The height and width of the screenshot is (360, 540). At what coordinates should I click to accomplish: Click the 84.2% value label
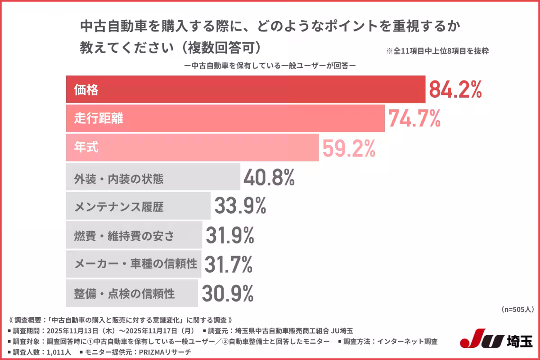pyautogui.click(x=455, y=90)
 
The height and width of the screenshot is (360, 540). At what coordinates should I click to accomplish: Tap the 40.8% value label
pyautogui.click(x=269, y=178)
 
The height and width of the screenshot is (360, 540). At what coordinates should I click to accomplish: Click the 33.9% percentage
pyautogui.click(x=240, y=206)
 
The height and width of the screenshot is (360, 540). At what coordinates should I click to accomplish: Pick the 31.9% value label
pyautogui.click(x=230, y=235)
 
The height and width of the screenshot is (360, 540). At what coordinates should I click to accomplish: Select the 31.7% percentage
pyautogui.click(x=228, y=264)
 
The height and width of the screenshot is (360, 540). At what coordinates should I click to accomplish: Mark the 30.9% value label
pyautogui.click(x=227, y=293)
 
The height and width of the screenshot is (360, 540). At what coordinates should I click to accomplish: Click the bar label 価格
pyautogui.click(x=86, y=90)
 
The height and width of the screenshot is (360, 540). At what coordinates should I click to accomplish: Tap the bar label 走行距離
pyautogui.click(x=99, y=119)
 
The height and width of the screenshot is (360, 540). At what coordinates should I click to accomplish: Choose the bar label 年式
pyautogui.click(x=86, y=148)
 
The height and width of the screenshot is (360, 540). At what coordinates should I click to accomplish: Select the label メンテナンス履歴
pyautogui.click(x=119, y=207)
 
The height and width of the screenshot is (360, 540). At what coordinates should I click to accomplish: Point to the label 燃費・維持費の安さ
pyautogui.click(x=124, y=236)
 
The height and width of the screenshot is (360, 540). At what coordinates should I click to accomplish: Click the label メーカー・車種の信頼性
pyautogui.click(x=135, y=264)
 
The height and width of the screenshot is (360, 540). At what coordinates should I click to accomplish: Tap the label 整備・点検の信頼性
pyautogui.click(x=124, y=294)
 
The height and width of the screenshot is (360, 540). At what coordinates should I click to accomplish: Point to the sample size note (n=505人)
pyautogui.click(x=517, y=310)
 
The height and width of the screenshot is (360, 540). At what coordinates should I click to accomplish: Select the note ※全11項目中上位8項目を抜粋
pyautogui.click(x=437, y=51)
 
